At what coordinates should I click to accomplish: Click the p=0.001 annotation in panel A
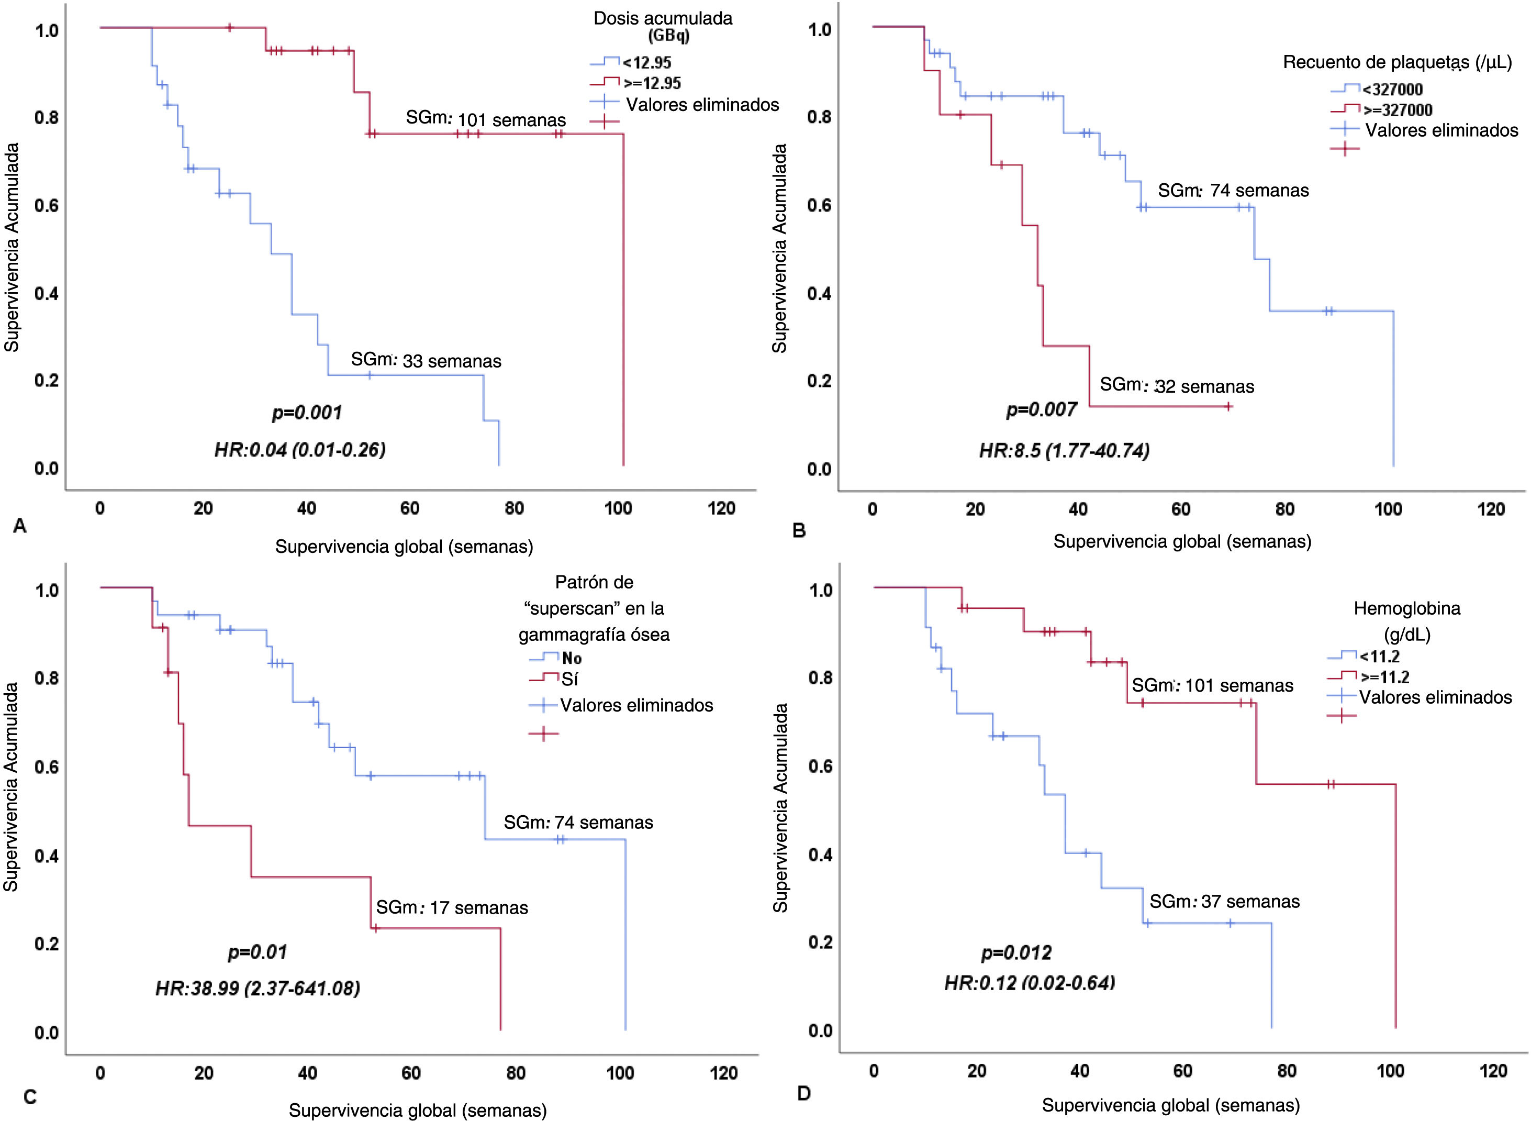click(x=307, y=413)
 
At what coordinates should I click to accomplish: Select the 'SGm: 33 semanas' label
click(x=426, y=360)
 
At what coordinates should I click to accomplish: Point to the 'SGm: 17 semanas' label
click(x=452, y=907)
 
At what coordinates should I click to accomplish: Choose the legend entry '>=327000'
click(x=1398, y=110)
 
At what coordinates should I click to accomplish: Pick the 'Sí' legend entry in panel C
click(x=570, y=679)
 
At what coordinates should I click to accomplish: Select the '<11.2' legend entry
click(x=1379, y=656)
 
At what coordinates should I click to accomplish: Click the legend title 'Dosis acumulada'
click(x=663, y=18)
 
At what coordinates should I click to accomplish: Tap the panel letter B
click(x=799, y=530)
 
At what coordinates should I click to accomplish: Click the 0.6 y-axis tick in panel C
click(x=47, y=767)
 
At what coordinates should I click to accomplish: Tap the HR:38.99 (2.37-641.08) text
click(x=258, y=988)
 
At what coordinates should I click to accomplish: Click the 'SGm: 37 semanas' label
click(x=1224, y=901)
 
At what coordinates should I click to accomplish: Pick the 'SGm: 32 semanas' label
click(x=1177, y=386)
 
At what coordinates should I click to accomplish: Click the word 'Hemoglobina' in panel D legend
click(x=1407, y=608)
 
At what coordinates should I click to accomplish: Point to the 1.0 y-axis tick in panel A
click(x=47, y=30)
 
